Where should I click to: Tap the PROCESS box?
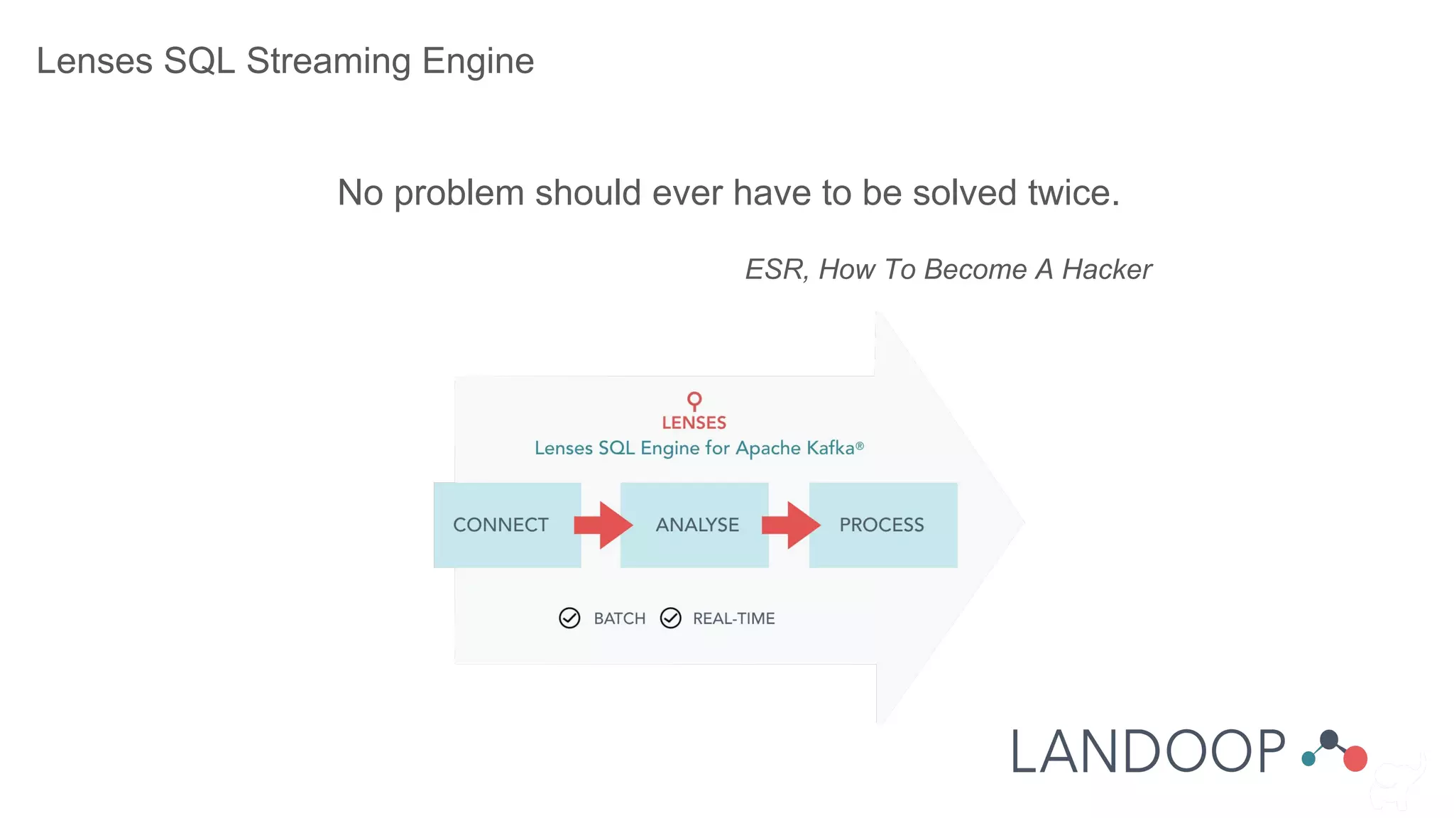(x=882, y=525)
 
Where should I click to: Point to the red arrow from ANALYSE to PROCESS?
(x=791, y=525)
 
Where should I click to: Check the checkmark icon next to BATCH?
(x=569, y=618)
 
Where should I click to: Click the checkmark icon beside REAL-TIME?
(x=670, y=618)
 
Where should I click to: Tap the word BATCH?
(x=620, y=618)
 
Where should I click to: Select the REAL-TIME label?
(x=733, y=618)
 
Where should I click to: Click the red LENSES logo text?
(x=694, y=422)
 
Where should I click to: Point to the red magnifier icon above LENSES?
(x=694, y=400)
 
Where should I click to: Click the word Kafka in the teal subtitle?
(x=831, y=448)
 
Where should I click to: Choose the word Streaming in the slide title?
(x=329, y=61)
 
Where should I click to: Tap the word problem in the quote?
(x=459, y=193)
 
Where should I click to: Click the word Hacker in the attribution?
(x=1107, y=270)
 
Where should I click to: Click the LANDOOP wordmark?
(x=1147, y=752)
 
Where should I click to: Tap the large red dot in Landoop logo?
(x=1355, y=758)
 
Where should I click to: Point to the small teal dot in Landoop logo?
(x=1308, y=759)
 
